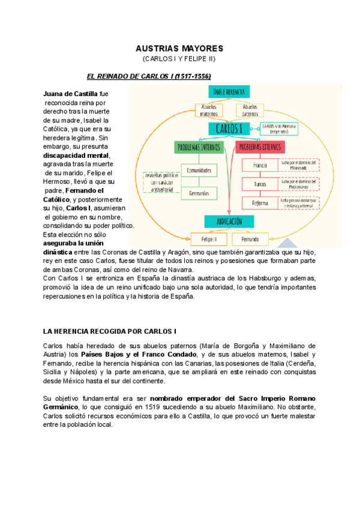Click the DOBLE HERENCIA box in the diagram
click(229, 92)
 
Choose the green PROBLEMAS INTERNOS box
click(198, 146)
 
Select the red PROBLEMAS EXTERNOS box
click(262, 146)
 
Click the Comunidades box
click(199, 170)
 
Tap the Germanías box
click(199, 193)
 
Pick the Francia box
click(260, 165)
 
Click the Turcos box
click(260, 184)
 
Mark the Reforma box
click(260, 203)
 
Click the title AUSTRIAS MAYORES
click(179, 48)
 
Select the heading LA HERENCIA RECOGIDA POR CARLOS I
click(110, 331)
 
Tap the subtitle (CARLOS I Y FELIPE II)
click(179, 59)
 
